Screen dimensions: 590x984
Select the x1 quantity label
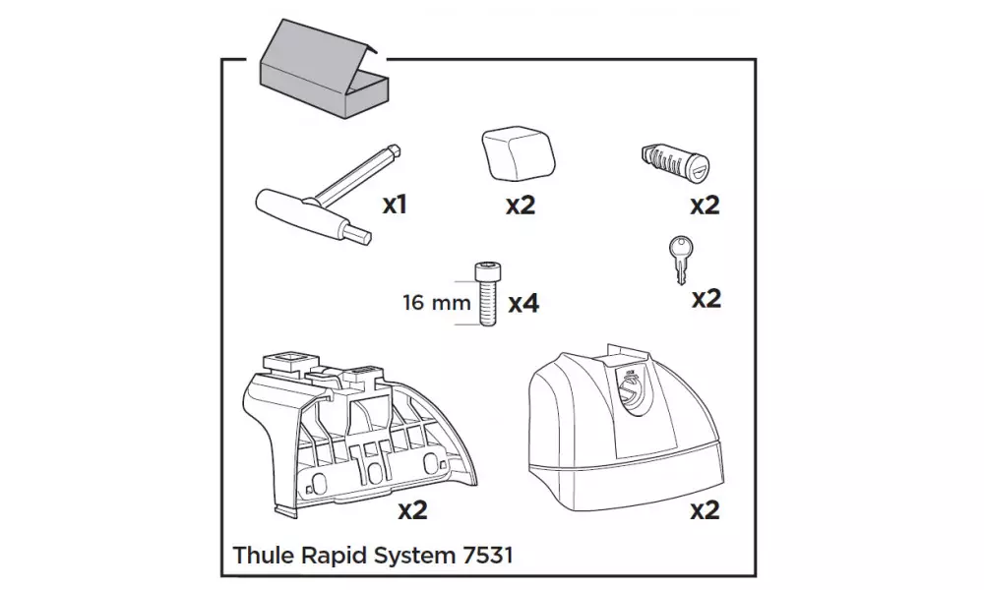[395, 205]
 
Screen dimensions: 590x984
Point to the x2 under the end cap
[520, 206]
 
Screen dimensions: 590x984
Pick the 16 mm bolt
[484, 292]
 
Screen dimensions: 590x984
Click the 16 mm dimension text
[437, 302]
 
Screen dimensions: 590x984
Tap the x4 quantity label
[523, 303]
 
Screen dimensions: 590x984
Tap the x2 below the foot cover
[705, 510]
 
